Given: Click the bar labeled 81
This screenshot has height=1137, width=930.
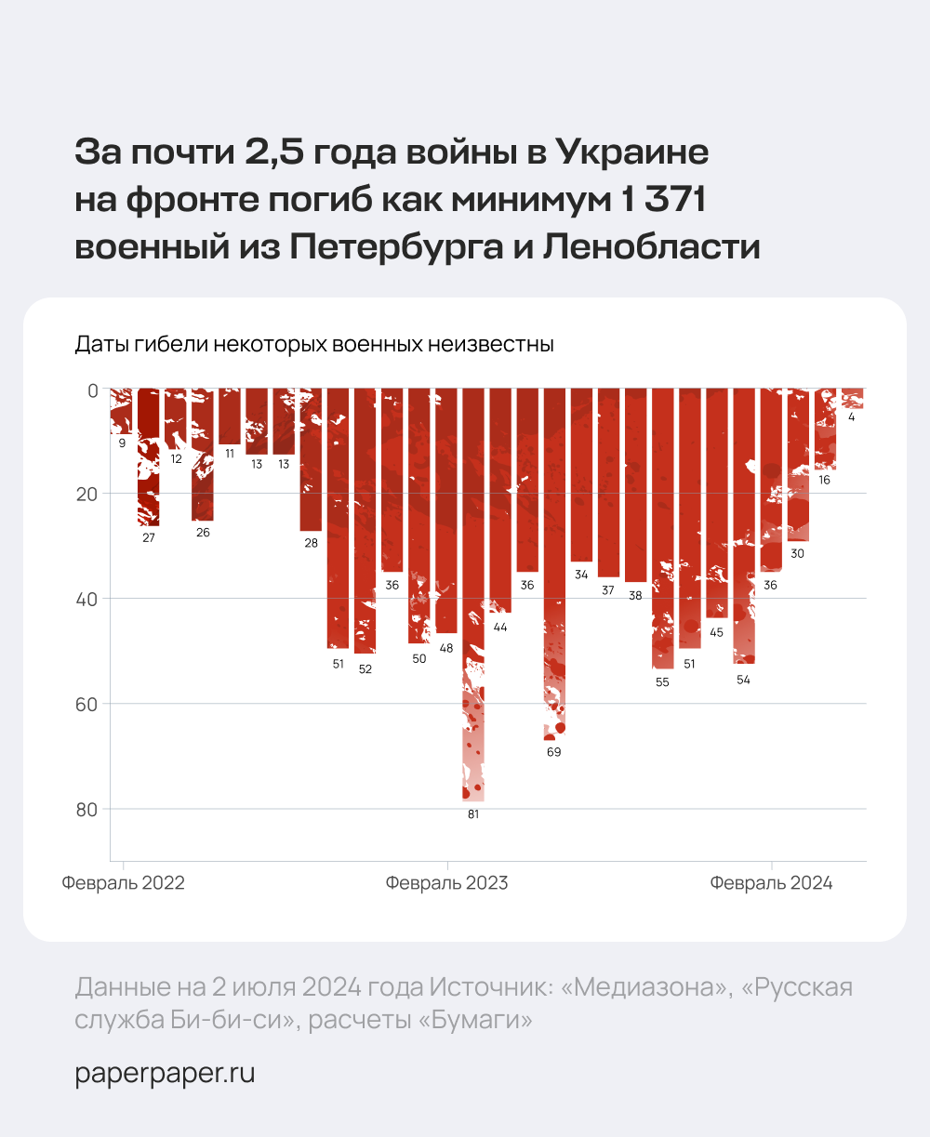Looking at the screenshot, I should point(472,595).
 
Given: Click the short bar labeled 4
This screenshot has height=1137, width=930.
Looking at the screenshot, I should point(852,399).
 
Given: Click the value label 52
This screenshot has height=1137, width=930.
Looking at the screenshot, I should point(365,669).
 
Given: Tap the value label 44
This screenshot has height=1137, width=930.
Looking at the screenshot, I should point(500,628).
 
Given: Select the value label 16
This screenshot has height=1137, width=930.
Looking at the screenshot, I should point(825,481).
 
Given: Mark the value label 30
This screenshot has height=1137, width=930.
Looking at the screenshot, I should point(798,554).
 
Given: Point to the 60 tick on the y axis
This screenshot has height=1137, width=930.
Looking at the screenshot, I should point(86,704).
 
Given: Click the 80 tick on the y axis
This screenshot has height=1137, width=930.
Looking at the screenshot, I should point(86,810).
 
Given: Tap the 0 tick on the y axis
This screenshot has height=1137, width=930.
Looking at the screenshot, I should point(92,390).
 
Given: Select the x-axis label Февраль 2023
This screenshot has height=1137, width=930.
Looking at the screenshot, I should point(447,883).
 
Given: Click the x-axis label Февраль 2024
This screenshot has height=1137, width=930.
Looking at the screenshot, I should point(771,883).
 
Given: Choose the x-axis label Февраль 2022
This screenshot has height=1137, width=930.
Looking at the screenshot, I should point(124,883).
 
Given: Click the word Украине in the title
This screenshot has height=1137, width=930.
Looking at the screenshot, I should point(632,152).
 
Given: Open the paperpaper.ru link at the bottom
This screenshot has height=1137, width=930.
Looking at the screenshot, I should point(165,1074).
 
